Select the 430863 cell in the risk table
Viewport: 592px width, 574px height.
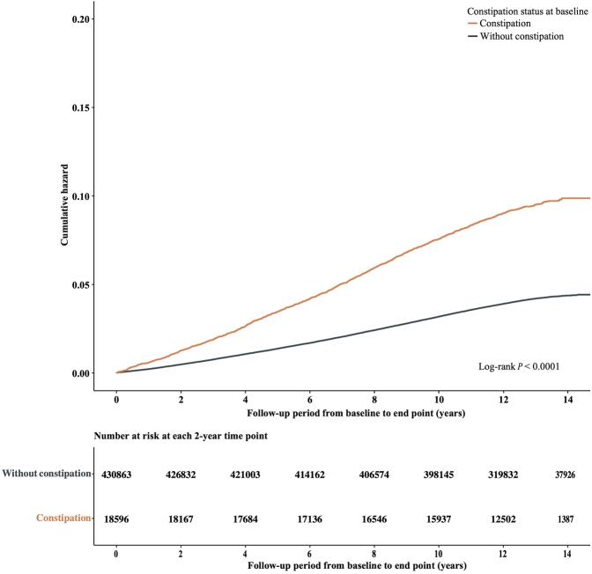tap(116, 475)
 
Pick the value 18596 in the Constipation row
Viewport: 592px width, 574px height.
tap(116, 518)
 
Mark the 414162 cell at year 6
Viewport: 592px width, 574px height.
tap(311, 475)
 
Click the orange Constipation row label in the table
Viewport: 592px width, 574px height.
tap(63, 518)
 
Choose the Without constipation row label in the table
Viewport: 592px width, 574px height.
tap(47, 475)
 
